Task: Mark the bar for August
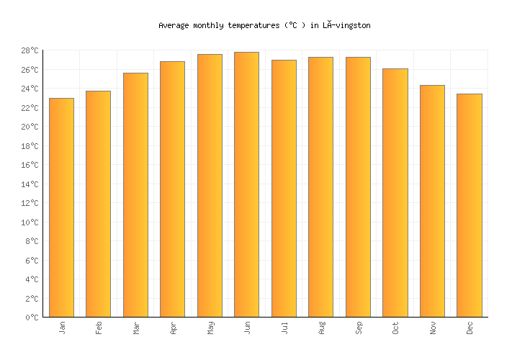(x=320, y=186)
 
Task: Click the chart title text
(x=264, y=25)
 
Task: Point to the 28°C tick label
(x=30, y=50)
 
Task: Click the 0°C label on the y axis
(x=32, y=318)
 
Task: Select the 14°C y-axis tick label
(x=30, y=184)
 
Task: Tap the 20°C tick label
(x=30, y=127)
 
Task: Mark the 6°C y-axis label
(x=32, y=261)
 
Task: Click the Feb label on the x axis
(x=99, y=328)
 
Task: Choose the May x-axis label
(x=210, y=328)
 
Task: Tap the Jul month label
(x=284, y=328)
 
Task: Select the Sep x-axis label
(x=359, y=328)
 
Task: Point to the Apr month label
(x=173, y=328)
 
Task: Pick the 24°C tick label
(x=30, y=89)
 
